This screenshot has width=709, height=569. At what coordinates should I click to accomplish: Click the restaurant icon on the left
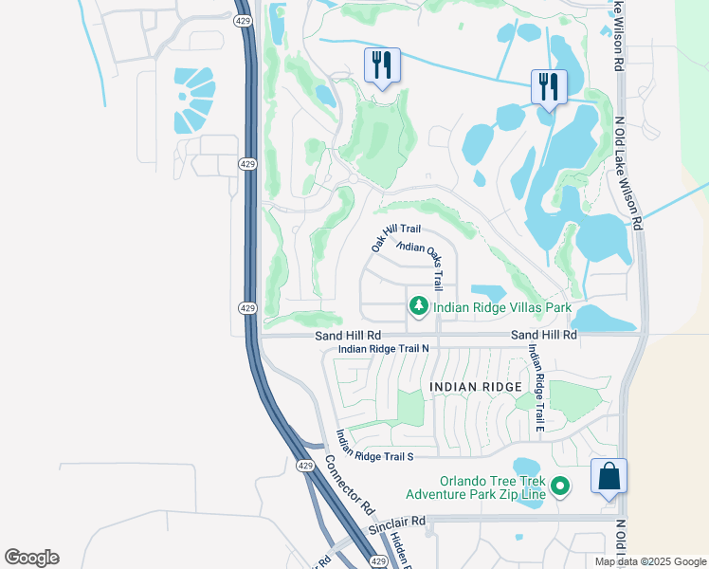[x=382, y=65]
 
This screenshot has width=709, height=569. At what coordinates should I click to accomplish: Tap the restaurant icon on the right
[x=549, y=87]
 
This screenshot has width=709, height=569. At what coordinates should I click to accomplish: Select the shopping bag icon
[x=609, y=477]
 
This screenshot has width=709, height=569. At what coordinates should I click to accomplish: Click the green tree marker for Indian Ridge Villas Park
[x=418, y=306]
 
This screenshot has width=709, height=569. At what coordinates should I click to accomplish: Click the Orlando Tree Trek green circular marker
[x=560, y=486]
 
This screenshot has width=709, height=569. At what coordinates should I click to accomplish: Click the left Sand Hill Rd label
[x=348, y=336]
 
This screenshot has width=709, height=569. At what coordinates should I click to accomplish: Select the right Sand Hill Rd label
[x=543, y=336]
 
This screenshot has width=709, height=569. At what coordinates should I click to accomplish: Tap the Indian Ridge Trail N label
[x=384, y=349]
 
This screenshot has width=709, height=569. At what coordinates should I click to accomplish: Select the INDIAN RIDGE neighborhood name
[x=476, y=387]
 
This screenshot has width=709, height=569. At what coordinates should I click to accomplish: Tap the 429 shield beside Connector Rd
[x=303, y=466]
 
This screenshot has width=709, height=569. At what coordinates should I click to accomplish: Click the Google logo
[x=31, y=558]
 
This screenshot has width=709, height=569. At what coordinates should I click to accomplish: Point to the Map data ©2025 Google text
[x=649, y=561]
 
